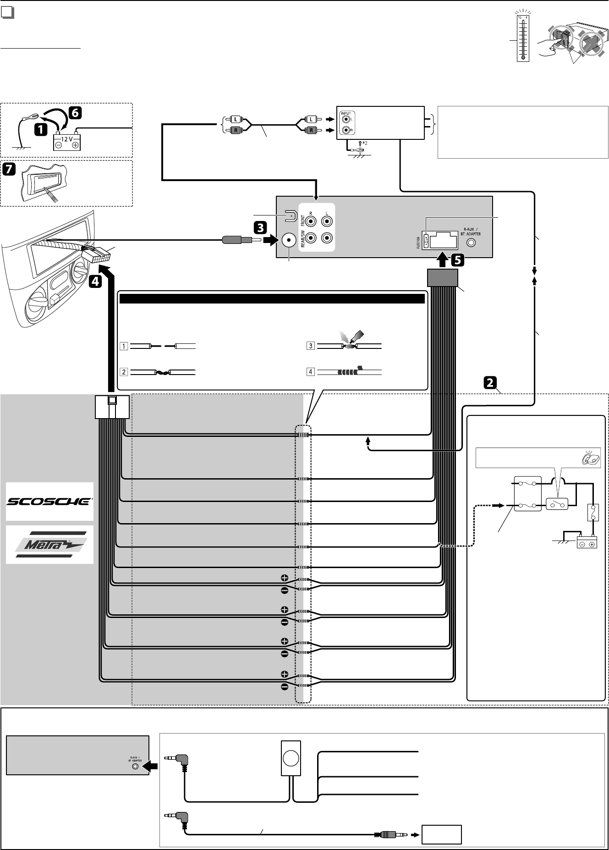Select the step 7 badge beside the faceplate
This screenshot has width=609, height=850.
pos(9,169)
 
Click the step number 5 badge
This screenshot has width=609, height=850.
pos(457,260)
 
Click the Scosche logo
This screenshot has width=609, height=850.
pos(49,501)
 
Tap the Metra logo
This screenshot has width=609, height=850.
pos(49,544)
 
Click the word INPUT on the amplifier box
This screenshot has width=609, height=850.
pos(346,113)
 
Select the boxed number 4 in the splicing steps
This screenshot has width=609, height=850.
pos(311,371)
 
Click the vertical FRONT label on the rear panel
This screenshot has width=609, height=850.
pos(303,222)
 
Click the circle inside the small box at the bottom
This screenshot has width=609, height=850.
pos(291,758)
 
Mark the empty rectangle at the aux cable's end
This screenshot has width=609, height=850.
pos(442,835)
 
